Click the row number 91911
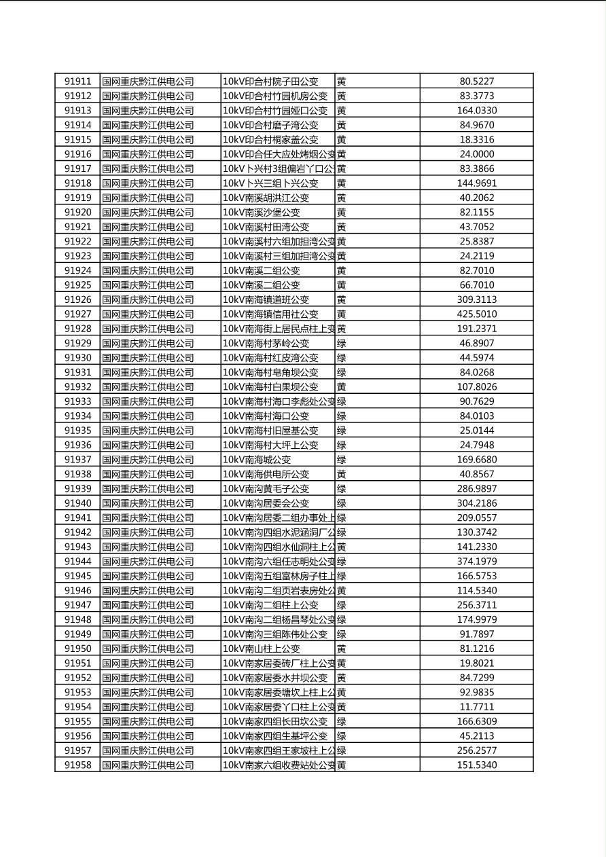(77, 81)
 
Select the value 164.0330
(476, 111)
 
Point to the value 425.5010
(476, 314)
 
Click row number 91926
(77, 299)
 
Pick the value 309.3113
(476, 299)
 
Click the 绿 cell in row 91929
(342, 344)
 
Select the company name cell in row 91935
(147, 431)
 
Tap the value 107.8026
(476, 387)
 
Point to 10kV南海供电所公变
(266, 474)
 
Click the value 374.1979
(476, 562)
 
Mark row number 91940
(77, 503)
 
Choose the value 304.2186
(476, 503)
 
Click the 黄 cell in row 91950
(342, 649)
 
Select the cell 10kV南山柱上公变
(261, 649)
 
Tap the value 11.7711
(476, 707)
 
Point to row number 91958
(77, 765)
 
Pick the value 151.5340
(476, 765)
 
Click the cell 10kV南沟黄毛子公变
(266, 489)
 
